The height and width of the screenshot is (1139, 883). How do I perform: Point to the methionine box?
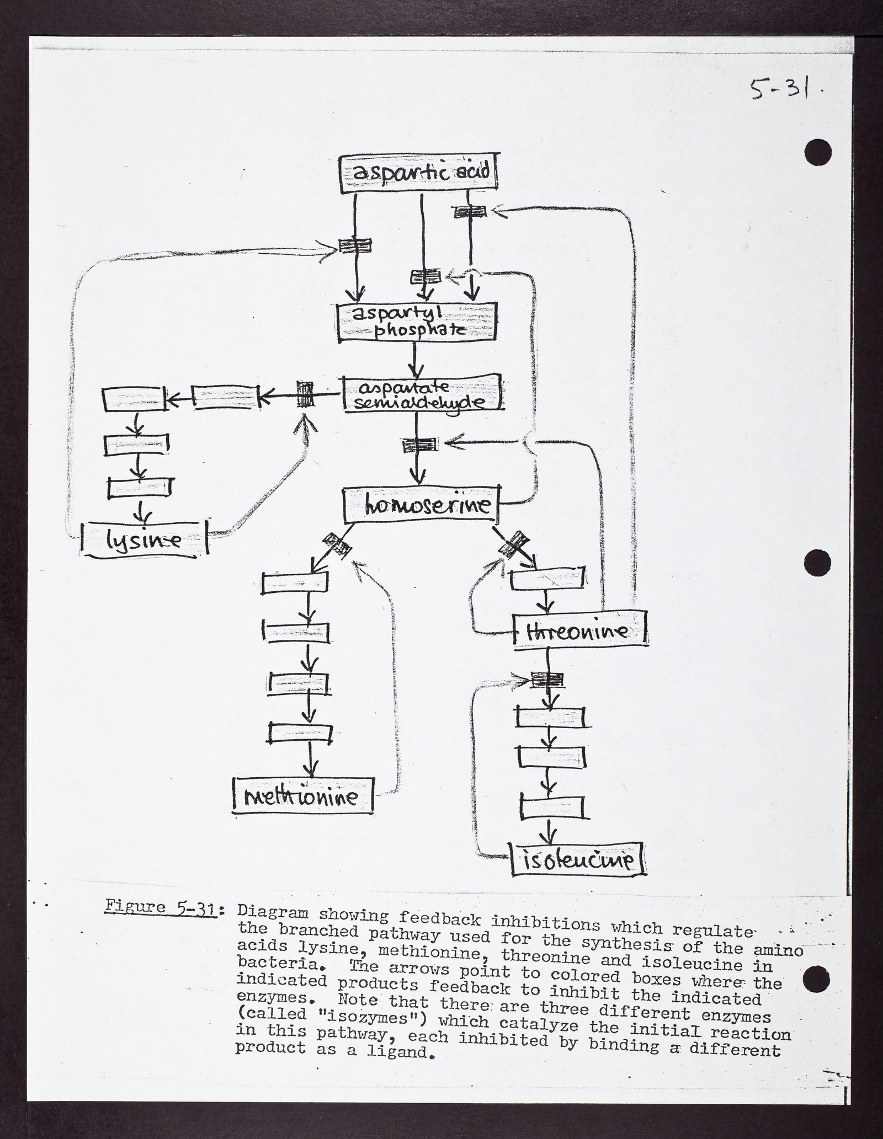pos(303,795)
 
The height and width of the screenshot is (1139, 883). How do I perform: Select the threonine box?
pos(579,630)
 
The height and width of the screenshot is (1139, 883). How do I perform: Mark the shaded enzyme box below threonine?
pos(546,680)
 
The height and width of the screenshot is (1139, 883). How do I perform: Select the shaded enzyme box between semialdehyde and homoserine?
pos(418,445)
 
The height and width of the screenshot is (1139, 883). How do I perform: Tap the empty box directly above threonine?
pos(547,579)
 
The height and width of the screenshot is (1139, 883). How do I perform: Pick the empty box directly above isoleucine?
pos(551,808)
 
